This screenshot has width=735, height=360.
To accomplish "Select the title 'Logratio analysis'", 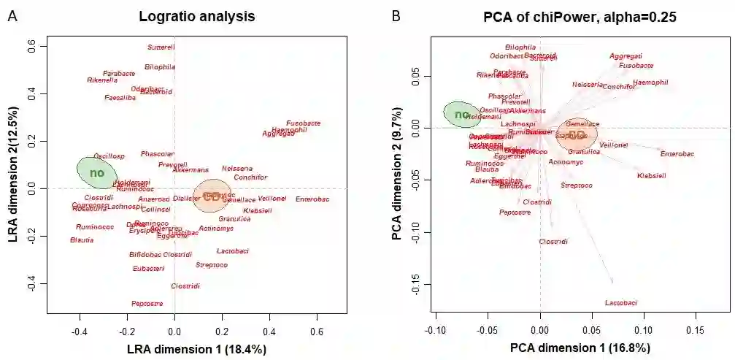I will [x=197, y=16].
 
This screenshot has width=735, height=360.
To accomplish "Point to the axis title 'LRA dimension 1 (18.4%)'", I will [x=197, y=349].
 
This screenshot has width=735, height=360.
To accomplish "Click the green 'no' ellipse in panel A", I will [x=97, y=172].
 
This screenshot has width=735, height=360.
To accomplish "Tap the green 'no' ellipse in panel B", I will [x=462, y=115].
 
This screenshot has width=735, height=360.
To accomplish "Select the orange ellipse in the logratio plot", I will [x=212, y=196].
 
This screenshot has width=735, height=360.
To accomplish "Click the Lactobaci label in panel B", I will [x=621, y=302].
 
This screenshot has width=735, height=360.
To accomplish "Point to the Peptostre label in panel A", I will [x=147, y=303].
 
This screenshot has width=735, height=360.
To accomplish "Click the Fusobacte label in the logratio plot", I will [x=304, y=123].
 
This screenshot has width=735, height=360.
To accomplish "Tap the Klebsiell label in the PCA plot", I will [x=652, y=176].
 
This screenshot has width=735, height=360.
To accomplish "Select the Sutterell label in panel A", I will [x=161, y=47].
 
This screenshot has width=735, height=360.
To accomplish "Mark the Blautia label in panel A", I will [x=82, y=240].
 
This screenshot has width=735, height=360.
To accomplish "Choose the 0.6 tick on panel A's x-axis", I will [x=317, y=329].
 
